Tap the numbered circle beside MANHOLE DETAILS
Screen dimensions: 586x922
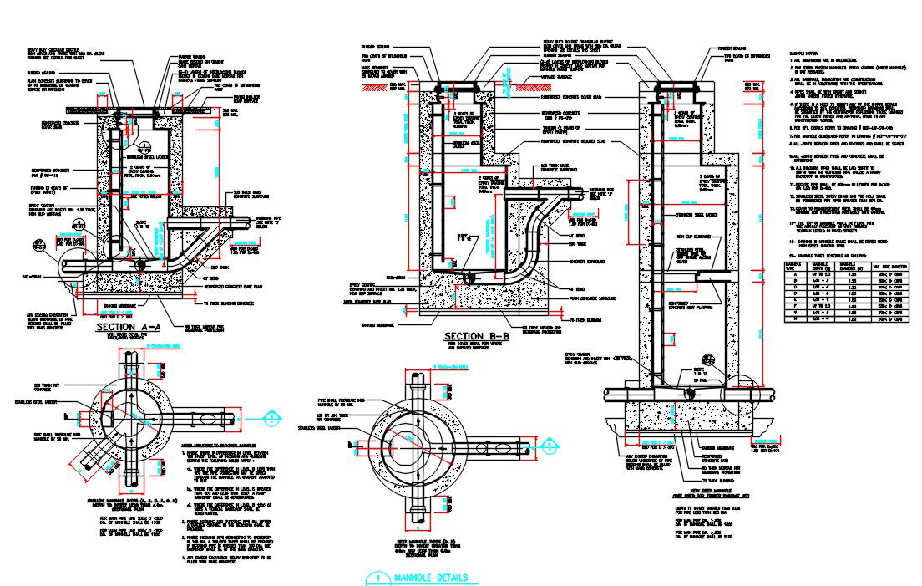point(378,578)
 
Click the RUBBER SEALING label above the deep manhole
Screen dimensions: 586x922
point(732,48)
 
